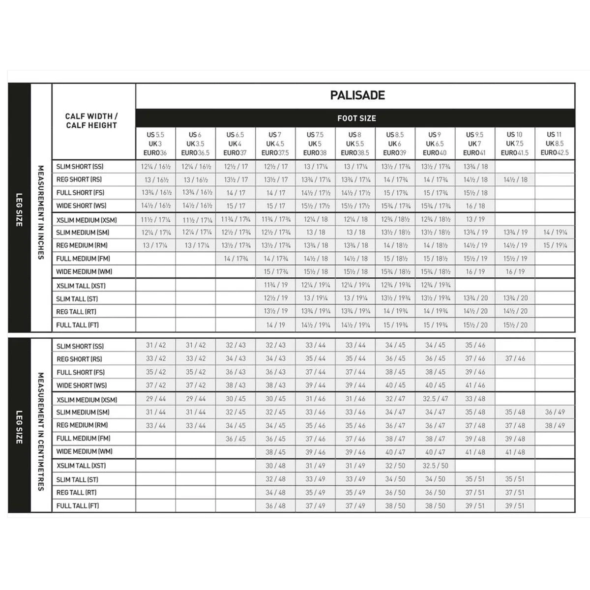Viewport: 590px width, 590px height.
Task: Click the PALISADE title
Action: pyautogui.click(x=357, y=95)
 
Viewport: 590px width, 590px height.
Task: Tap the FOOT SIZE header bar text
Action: pyautogui.click(x=356, y=118)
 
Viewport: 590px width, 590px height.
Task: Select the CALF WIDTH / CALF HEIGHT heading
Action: pyautogui.click(x=91, y=121)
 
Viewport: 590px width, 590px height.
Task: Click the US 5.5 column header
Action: pyautogui.click(x=155, y=143)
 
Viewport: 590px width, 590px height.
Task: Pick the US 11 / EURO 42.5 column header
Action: pyautogui.click(x=554, y=143)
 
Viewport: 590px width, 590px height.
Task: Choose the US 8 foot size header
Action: pyautogui.click(x=355, y=143)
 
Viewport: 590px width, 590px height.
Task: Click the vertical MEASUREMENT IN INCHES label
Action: pyautogui.click(x=41, y=212)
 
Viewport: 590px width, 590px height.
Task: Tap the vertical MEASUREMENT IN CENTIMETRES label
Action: pyautogui.click(x=41, y=431)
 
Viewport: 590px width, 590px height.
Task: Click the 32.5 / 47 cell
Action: pyautogui.click(x=435, y=399)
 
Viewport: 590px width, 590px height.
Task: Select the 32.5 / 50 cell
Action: pyautogui.click(x=435, y=465)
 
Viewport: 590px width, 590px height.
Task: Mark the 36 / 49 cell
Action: pyautogui.click(x=555, y=412)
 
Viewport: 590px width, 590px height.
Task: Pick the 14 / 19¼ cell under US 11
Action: pyautogui.click(x=555, y=232)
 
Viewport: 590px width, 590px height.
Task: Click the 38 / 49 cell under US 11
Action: pyautogui.click(x=555, y=425)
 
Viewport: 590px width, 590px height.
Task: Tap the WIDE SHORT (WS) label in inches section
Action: pyautogui.click(x=81, y=206)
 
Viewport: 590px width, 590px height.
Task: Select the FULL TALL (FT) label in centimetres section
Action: pyautogui.click(x=78, y=505)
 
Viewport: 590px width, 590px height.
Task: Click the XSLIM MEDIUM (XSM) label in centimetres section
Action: pyautogui.click(x=87, y=400)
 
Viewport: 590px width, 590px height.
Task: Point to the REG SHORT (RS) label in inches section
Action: pyautogui.click(x=79, y=179)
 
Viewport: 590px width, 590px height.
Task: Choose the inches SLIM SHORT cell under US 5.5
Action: pyautogui.click(x=155, y=166)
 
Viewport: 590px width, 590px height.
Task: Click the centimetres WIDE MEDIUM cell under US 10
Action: pyautogui.click(x=515, y=452)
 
